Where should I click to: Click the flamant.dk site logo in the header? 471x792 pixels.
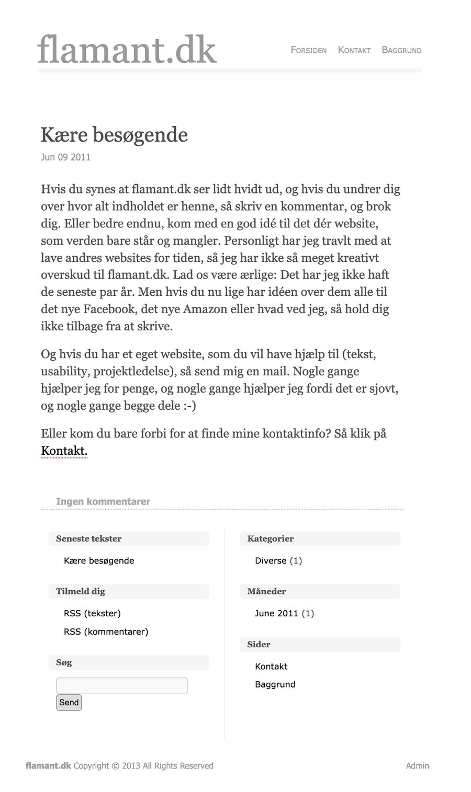click(127, 50)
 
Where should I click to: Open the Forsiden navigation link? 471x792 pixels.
click(308, 50)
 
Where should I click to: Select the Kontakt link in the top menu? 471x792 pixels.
click(354, 50)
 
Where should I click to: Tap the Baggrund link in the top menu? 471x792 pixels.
click(401, 50)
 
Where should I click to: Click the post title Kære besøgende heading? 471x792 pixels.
click(114, 135)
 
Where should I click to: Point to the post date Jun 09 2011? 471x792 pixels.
click(65, 157)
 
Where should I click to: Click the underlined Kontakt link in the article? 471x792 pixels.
click(64, 451)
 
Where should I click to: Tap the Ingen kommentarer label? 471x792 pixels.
click(103, 501)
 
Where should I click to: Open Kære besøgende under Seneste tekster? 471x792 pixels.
click(99, 560)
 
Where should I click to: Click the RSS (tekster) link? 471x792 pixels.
click(92, 613)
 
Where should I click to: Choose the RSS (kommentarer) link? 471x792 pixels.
click(106, 632)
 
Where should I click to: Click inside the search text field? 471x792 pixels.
click(121, 686)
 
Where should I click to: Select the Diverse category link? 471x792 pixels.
click(271, 560)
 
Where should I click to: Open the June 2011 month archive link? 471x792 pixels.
click(276, 613)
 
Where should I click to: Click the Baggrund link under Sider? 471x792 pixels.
click(275, 684)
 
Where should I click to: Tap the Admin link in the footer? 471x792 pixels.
click(417, 766)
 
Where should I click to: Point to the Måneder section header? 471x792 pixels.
click(266, 591)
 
